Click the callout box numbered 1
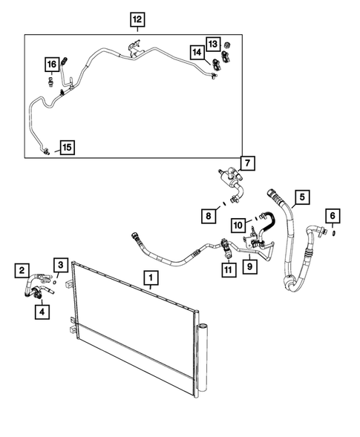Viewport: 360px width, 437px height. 151,279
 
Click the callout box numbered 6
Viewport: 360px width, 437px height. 333,216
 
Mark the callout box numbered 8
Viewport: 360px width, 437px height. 210,216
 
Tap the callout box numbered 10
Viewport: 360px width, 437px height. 238,223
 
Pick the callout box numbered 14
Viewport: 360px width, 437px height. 197,53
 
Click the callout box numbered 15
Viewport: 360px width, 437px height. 67,147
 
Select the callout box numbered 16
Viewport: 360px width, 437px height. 51,65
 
